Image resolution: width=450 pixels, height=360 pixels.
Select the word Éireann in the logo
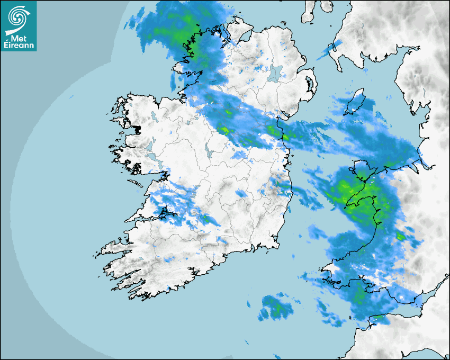click(19, 46)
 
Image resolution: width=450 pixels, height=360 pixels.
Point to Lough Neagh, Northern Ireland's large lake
click(276, 72)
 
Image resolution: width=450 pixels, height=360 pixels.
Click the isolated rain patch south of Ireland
click(276, 307)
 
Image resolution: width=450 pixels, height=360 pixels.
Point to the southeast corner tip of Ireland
click(279, 246)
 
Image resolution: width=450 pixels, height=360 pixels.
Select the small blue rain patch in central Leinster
click(241, 194)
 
